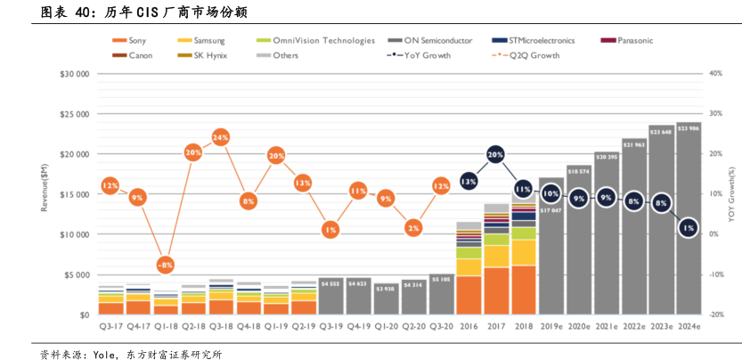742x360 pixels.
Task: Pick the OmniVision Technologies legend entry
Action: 311,40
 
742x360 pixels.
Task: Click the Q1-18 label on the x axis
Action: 167,327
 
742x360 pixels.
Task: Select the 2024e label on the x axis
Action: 687,327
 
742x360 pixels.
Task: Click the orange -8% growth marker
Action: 166,266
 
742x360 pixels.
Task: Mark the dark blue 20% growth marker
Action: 496,154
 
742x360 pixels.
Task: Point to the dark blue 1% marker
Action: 687,229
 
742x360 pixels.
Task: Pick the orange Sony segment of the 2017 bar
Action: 496,290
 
